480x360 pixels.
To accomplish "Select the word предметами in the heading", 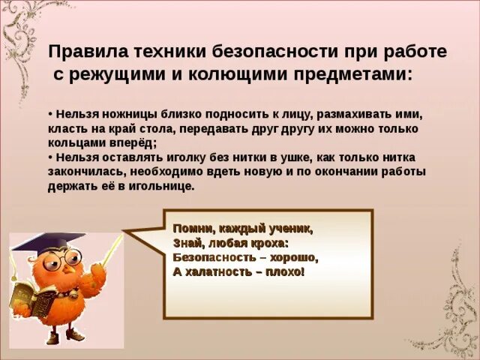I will coord(352,75).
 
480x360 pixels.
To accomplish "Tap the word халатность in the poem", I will coord(218,271).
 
